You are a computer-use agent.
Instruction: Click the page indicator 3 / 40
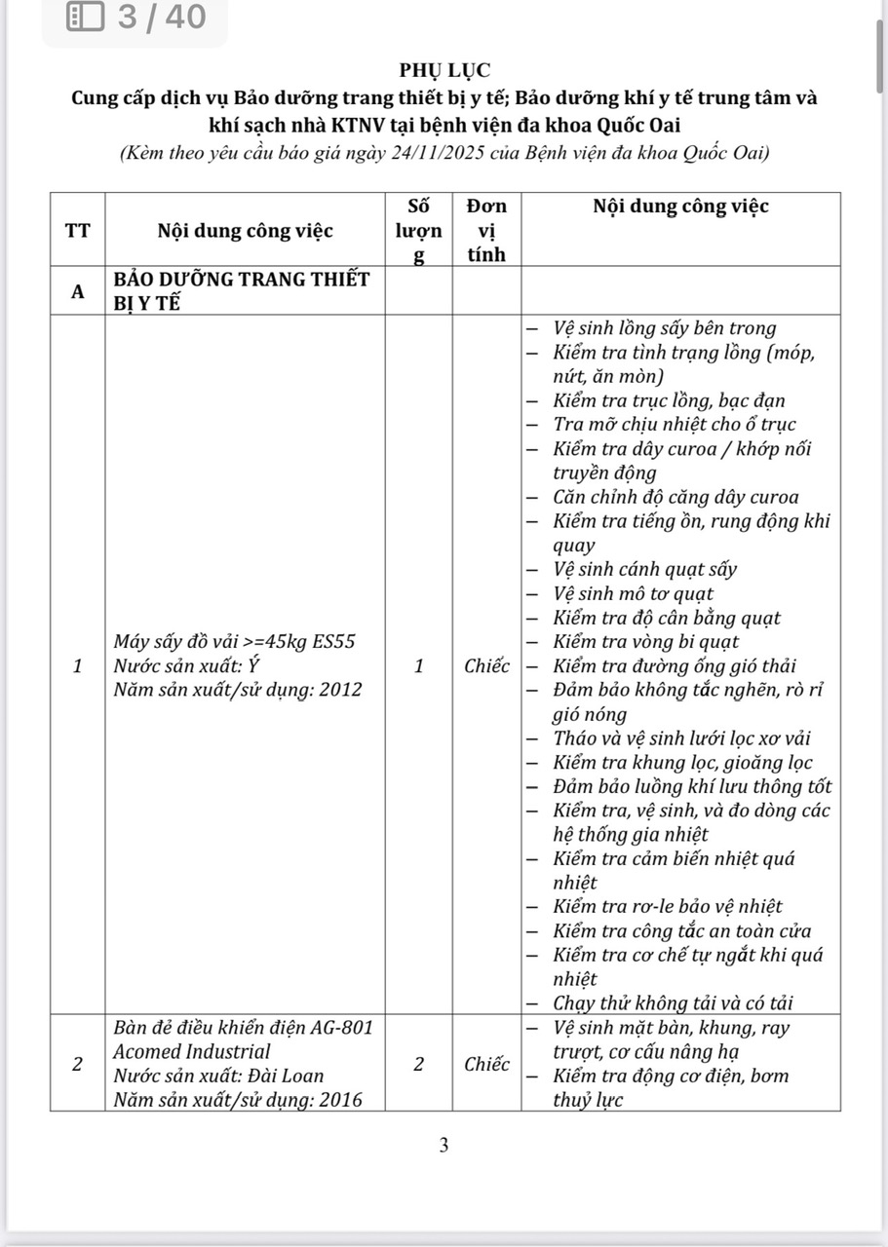[162, 17]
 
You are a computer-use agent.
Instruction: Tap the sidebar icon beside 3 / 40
[86, 17]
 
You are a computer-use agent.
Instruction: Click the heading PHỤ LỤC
[444, 70]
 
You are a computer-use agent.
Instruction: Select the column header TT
[77, 231]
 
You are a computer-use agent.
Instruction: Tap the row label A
[77, 291]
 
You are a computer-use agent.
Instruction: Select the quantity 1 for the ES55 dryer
[418, 666]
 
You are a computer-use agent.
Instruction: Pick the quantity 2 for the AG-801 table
[418, 1064]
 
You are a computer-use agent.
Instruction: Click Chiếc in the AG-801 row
[486, 1064]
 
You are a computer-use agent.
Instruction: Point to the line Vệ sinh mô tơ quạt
[633, 593]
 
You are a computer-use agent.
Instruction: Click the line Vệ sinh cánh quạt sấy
[644, 569]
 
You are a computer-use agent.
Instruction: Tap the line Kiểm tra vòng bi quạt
[645, 642]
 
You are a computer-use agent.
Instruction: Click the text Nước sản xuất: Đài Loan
[218, 1077]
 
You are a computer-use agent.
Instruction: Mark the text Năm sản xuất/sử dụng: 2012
[237, 690]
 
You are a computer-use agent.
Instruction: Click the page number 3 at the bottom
[444, 1146]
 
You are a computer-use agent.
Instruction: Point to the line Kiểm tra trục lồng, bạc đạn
[669, 400]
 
